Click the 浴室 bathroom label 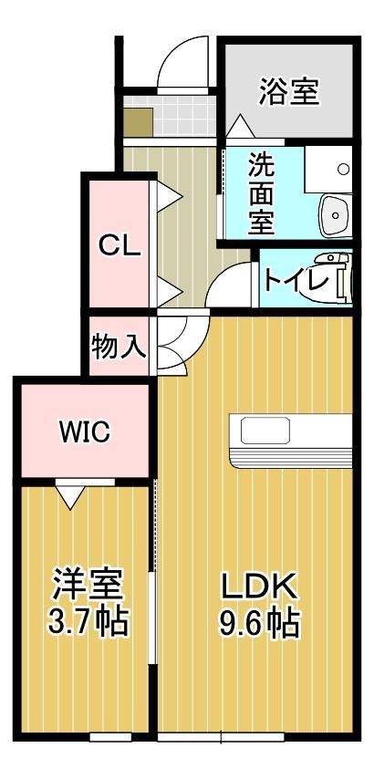tap(288, 92)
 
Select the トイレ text tap(295, 279)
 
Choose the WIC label tap(85, 431)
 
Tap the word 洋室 tap(87, 582)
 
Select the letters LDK tap(259, 583)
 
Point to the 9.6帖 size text tap(259, 624)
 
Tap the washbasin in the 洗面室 tap(335, 217)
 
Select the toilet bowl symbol tap(344, 279)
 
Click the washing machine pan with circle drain tap(327, 167)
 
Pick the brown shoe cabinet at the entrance tap(140, 121)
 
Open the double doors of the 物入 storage tap(172, 344)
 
